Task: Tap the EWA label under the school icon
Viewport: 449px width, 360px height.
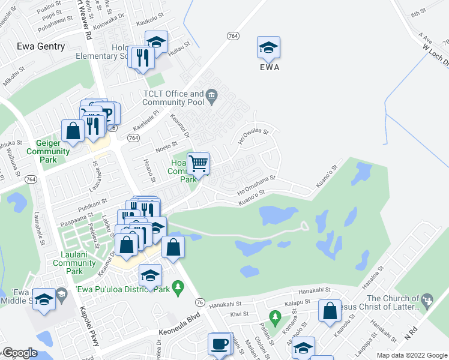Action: pos(270,67)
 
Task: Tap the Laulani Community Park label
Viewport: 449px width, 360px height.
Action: pos(74,263)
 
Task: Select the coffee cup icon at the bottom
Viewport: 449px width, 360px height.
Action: pos(218,344)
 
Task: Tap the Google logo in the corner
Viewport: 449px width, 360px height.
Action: pos(20,353)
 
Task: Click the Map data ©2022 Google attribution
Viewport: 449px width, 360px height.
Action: pos(411,355)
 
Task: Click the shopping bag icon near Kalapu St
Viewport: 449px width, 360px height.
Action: pos(330,311)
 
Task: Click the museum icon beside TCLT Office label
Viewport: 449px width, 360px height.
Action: pos(211,95)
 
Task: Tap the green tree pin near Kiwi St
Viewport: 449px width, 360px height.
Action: pos(275,316)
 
